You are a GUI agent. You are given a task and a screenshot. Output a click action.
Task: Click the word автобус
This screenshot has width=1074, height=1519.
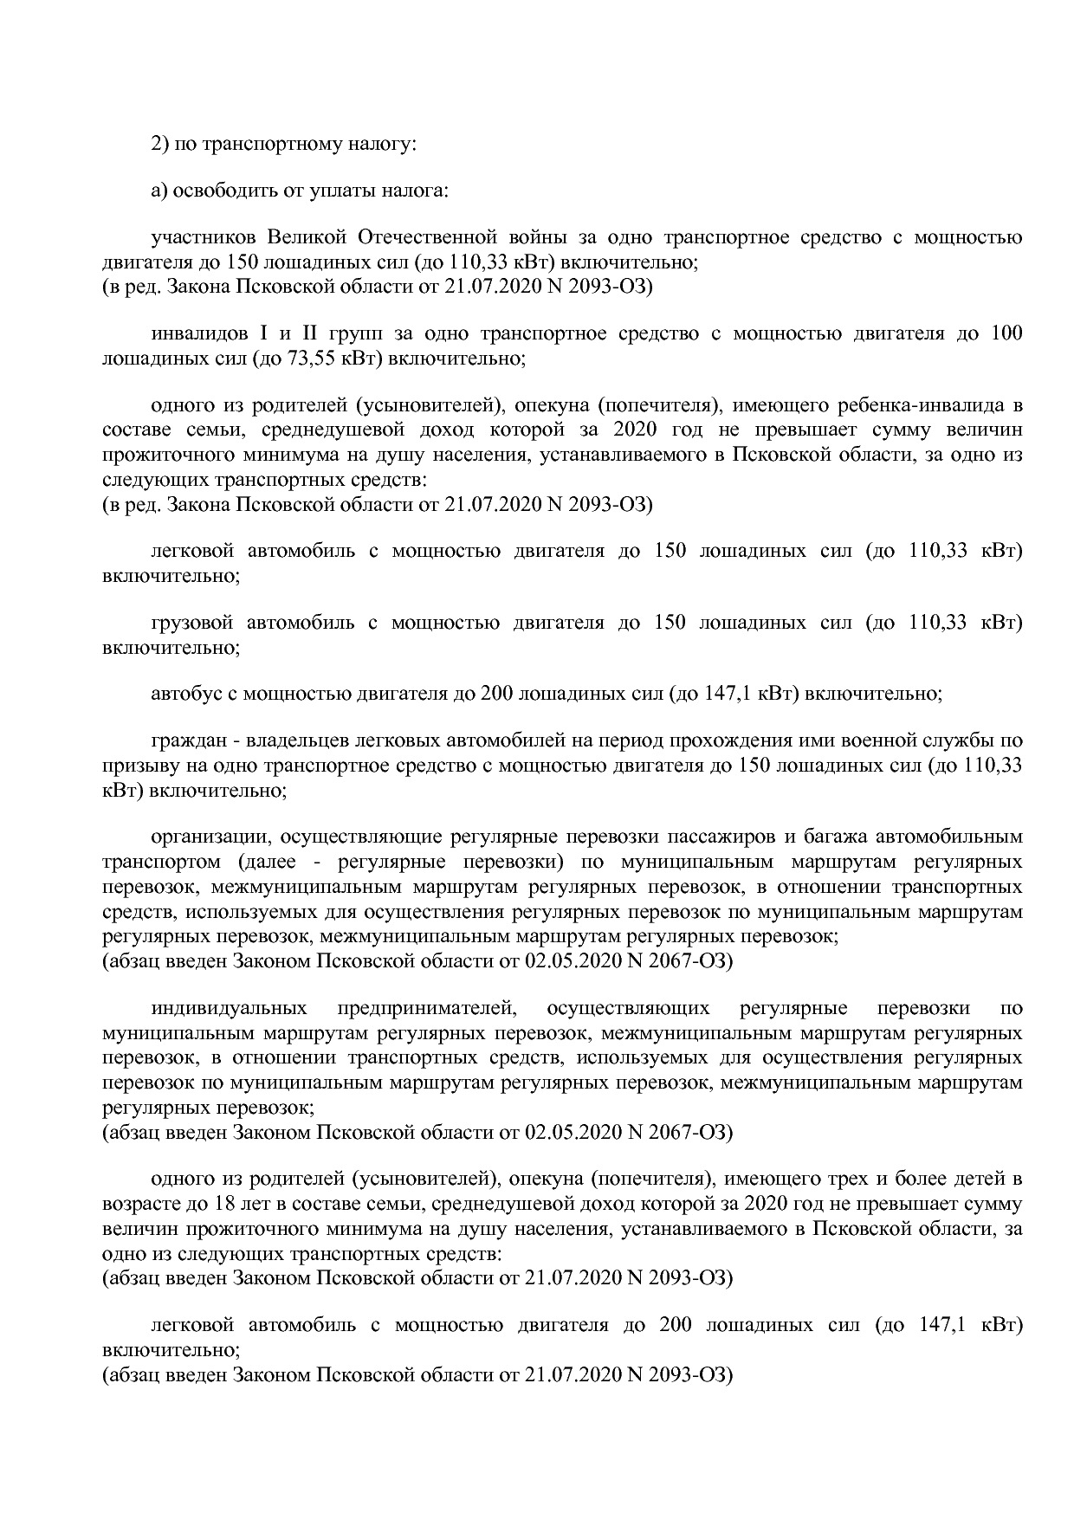181,694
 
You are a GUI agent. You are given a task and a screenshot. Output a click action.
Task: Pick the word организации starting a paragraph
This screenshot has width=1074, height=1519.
202,837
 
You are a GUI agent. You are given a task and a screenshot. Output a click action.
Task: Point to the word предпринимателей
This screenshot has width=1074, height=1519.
427,1008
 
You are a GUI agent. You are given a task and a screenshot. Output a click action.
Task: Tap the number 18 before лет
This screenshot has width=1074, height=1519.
216,1204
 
